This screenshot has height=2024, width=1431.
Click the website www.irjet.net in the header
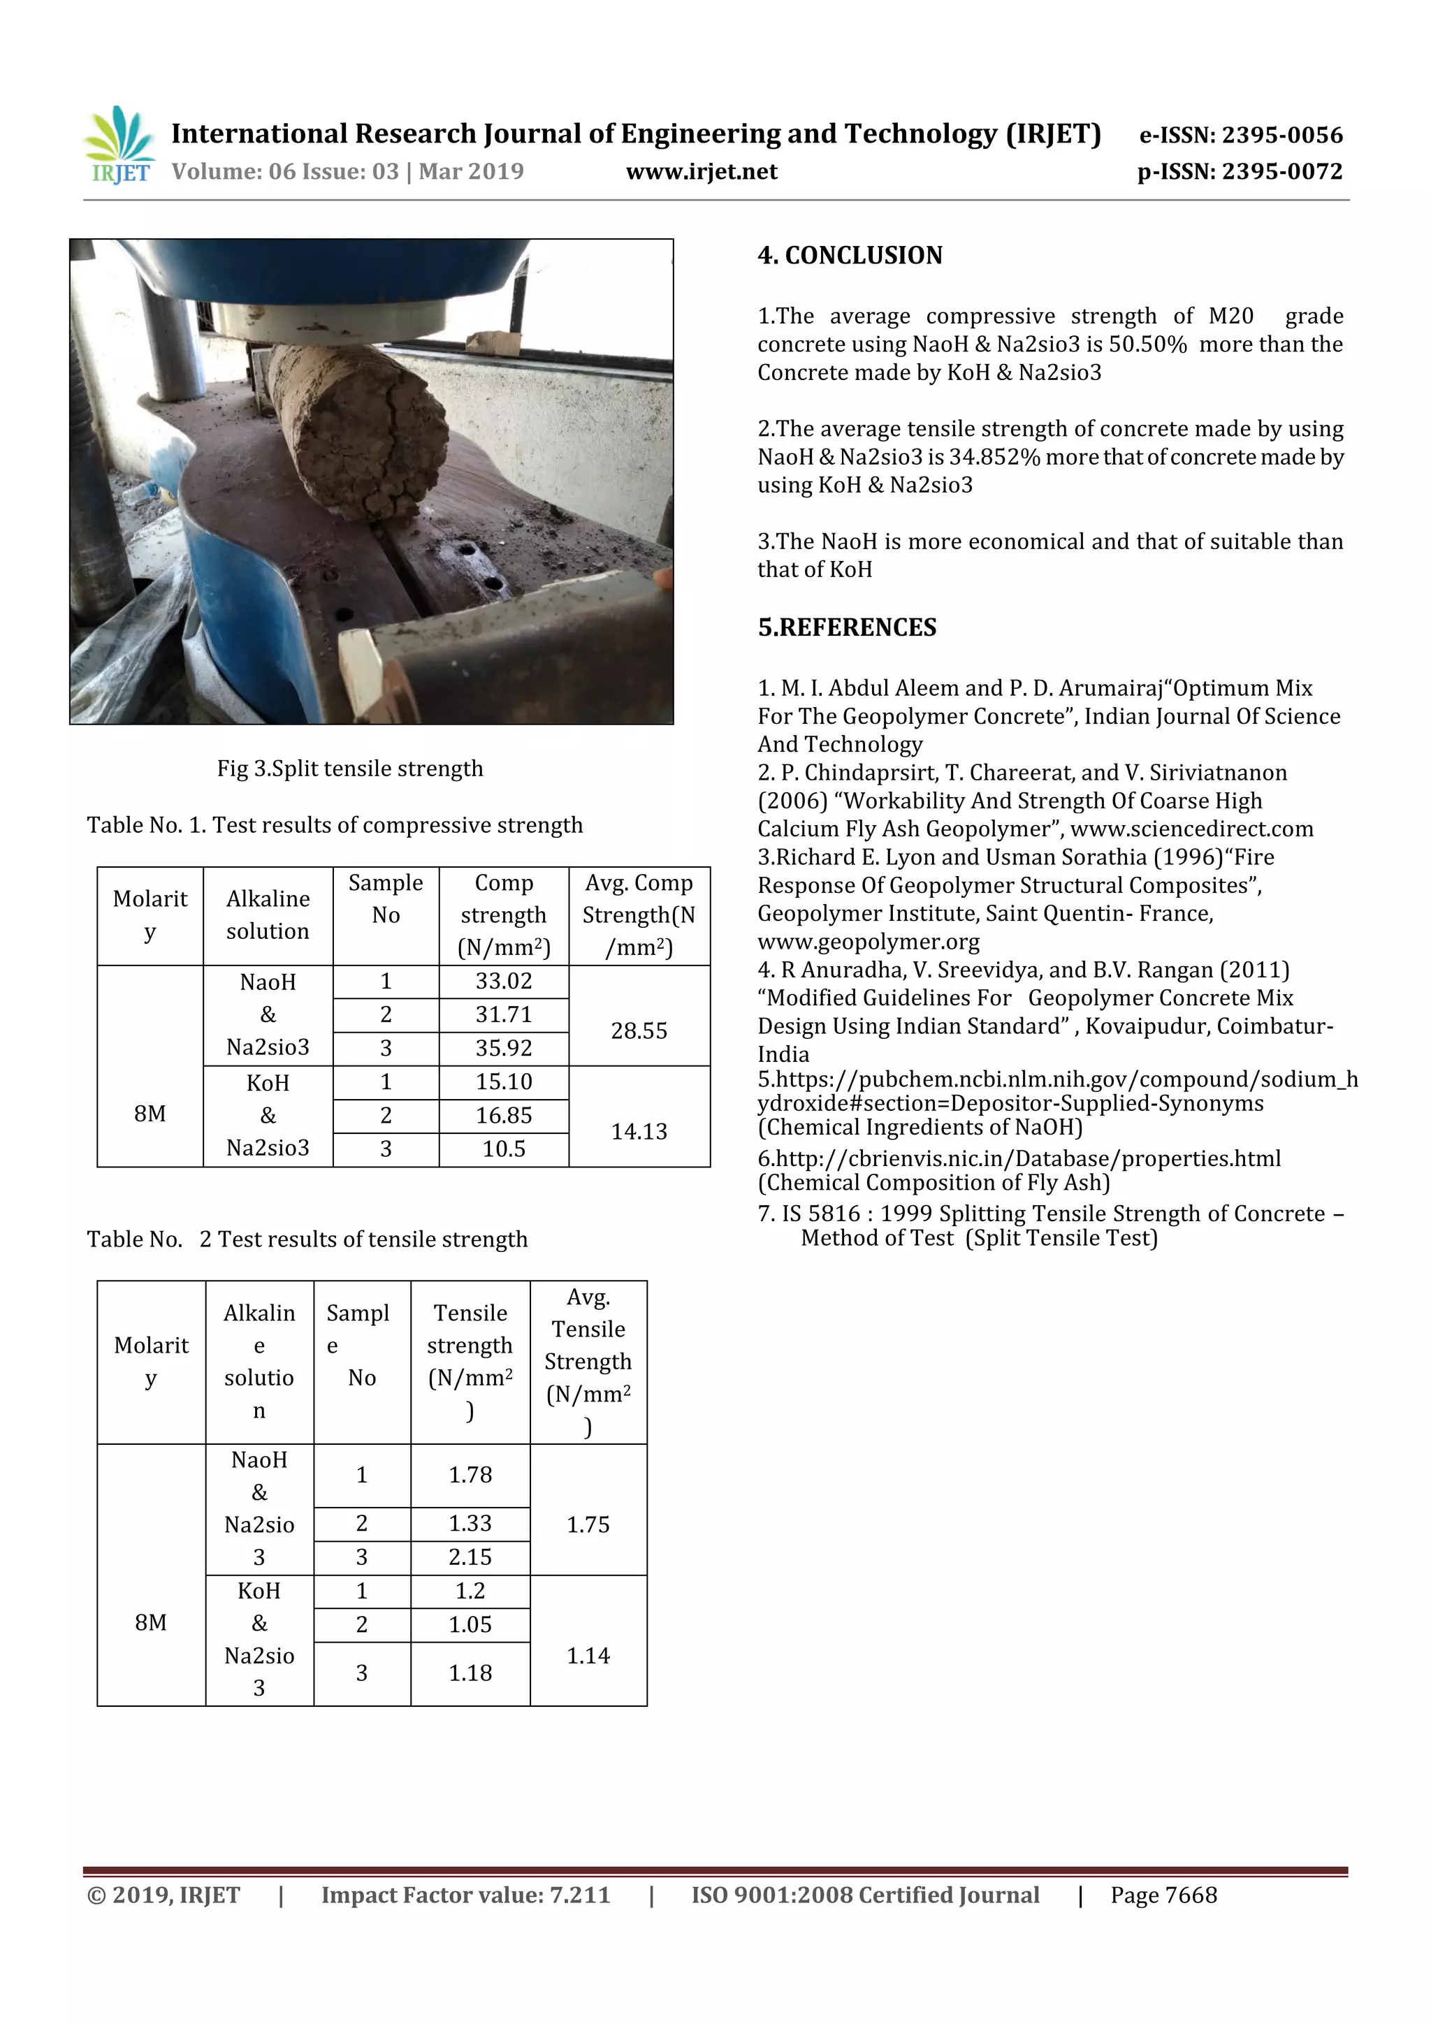(x=701, y=172)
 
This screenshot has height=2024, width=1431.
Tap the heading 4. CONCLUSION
(x=849, y=256)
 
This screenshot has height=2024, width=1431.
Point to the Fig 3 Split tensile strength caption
(x=350, y=769)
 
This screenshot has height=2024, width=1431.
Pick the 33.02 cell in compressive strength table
(x=504, y=981)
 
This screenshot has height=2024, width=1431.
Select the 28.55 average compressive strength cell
(x=639, y=1031)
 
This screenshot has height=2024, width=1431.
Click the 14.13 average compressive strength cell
(x=639, y=1131)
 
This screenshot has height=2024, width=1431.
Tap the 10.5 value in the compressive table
(x=504, y=1149)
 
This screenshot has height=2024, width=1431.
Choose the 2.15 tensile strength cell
(x=470, y=1557)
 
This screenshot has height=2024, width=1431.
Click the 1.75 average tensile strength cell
(x=588, y=1524)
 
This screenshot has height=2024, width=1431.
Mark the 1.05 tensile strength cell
(x=470, y=1624)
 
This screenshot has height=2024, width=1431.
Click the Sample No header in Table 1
(x=385, y=898)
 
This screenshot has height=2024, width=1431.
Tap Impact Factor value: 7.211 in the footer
(x=465, y=1895)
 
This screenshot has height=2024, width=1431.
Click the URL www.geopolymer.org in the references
(x=868, y=942)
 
